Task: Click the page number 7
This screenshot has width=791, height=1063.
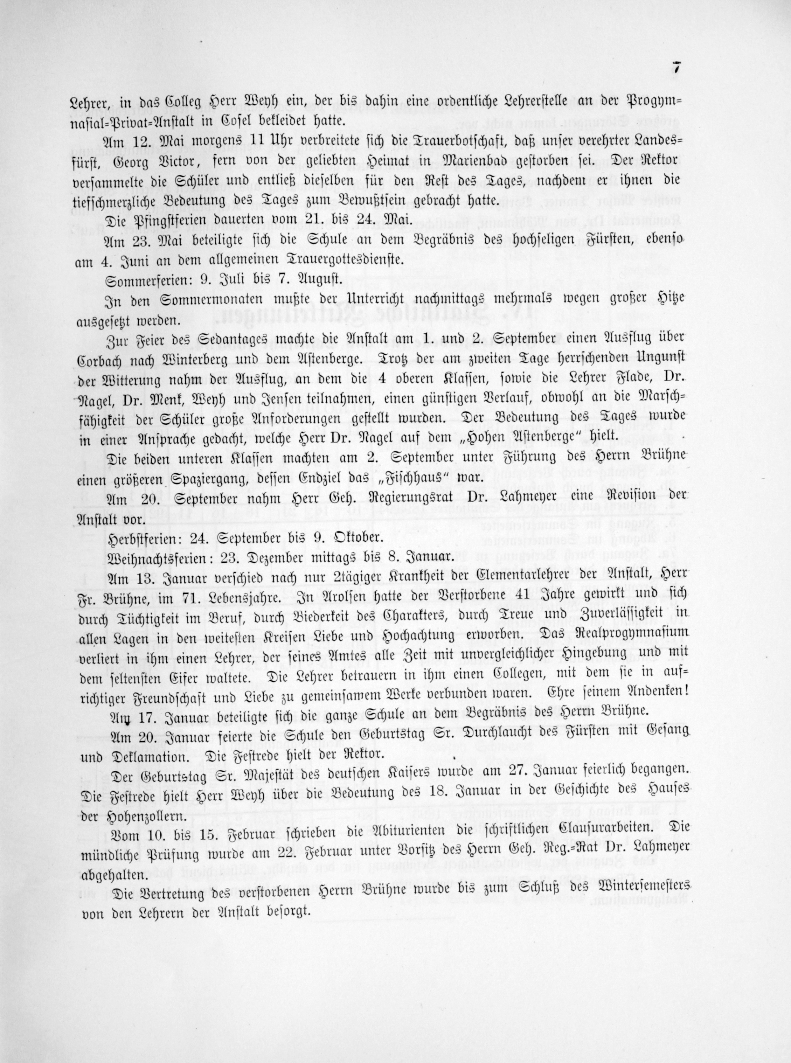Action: click(676, 69)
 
